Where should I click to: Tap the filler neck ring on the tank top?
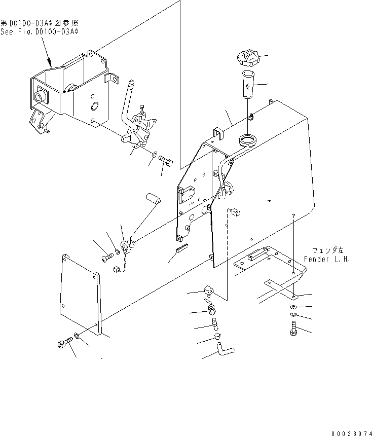[248, 138]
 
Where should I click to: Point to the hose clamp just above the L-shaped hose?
[216, 335]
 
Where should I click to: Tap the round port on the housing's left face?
[39, 97]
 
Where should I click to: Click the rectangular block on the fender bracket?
[257, 254]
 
